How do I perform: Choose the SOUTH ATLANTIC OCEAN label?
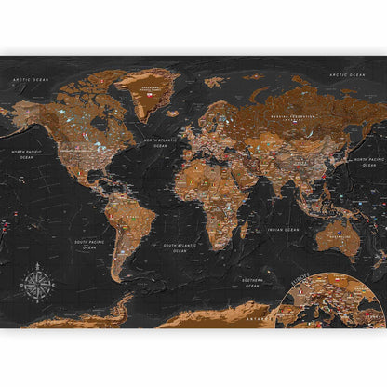[x=177, y=247]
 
